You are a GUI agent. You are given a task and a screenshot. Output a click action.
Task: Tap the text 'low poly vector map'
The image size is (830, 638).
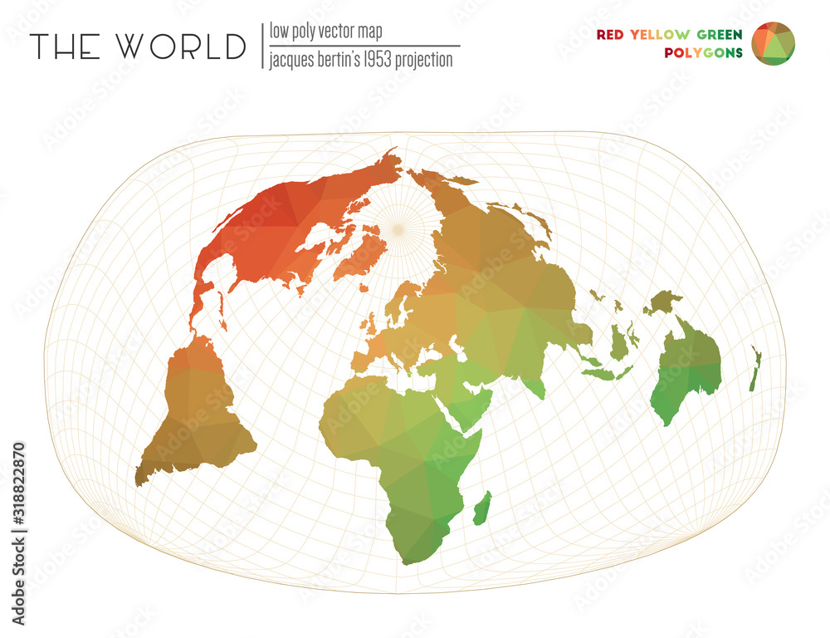(x=325, y=32)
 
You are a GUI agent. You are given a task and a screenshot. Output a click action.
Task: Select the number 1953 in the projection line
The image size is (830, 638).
(x=375, y=60)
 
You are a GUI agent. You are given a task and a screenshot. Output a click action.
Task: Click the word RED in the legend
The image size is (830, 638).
(x=610, y=35)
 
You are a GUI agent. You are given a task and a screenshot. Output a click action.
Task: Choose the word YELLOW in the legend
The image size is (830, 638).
(x=660, y=35)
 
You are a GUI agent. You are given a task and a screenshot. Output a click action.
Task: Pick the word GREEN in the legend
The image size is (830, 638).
(x=719, y=35)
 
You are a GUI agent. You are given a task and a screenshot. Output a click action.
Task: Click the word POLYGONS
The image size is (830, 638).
(x=703, y=53)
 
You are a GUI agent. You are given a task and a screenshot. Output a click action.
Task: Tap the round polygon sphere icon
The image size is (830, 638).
(x=773, y=43)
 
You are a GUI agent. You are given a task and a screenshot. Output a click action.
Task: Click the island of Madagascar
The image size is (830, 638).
(x=482, y=508)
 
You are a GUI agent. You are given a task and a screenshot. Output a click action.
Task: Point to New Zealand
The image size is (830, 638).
(x=754, y=370)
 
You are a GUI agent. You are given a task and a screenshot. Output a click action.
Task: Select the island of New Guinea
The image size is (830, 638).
(x=664, y=301)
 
